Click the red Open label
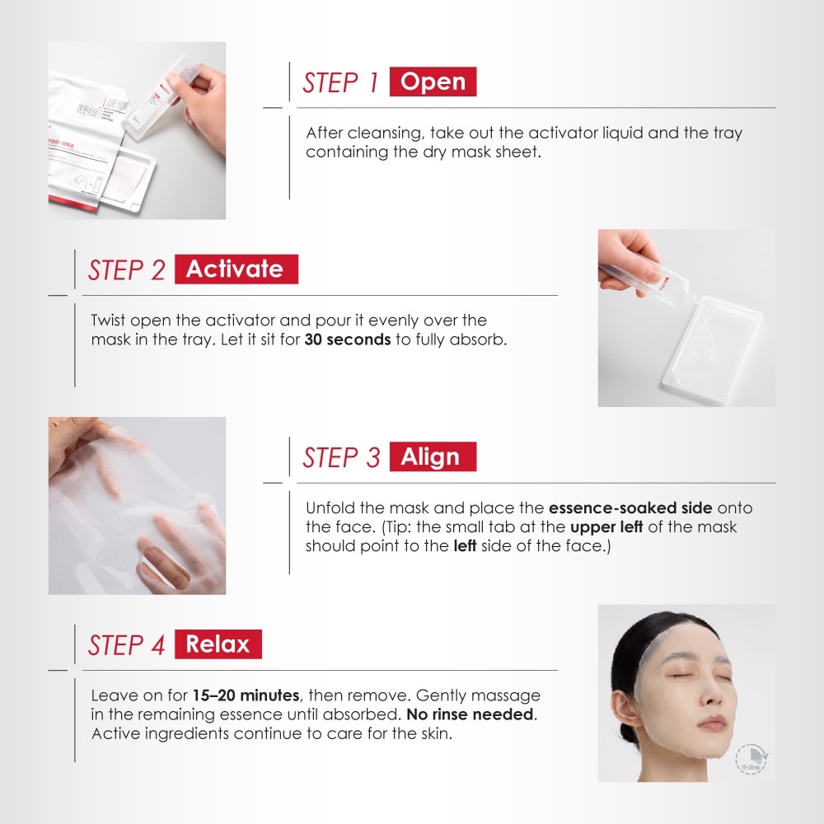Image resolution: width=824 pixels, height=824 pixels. coord(433,82)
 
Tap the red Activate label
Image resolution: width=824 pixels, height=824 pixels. coord(235,269)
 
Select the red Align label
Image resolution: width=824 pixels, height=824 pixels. coord(433,457)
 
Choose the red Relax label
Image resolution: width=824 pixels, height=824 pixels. coord(218,644)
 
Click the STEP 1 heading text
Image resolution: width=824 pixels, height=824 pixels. coord(340,83)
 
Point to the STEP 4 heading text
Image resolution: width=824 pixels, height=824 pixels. coord(127,645)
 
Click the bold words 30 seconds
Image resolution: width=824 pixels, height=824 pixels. coord(347,339)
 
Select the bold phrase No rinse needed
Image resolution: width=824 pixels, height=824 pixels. coord(475,714)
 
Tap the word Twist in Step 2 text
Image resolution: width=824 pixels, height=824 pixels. coord(109,321)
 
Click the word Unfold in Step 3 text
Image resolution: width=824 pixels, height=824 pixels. coord(329,508)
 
